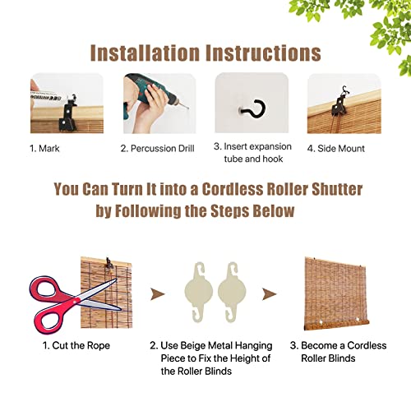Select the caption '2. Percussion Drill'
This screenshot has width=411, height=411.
tap(159, 149)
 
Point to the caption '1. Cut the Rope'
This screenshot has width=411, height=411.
tap(76, 345)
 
